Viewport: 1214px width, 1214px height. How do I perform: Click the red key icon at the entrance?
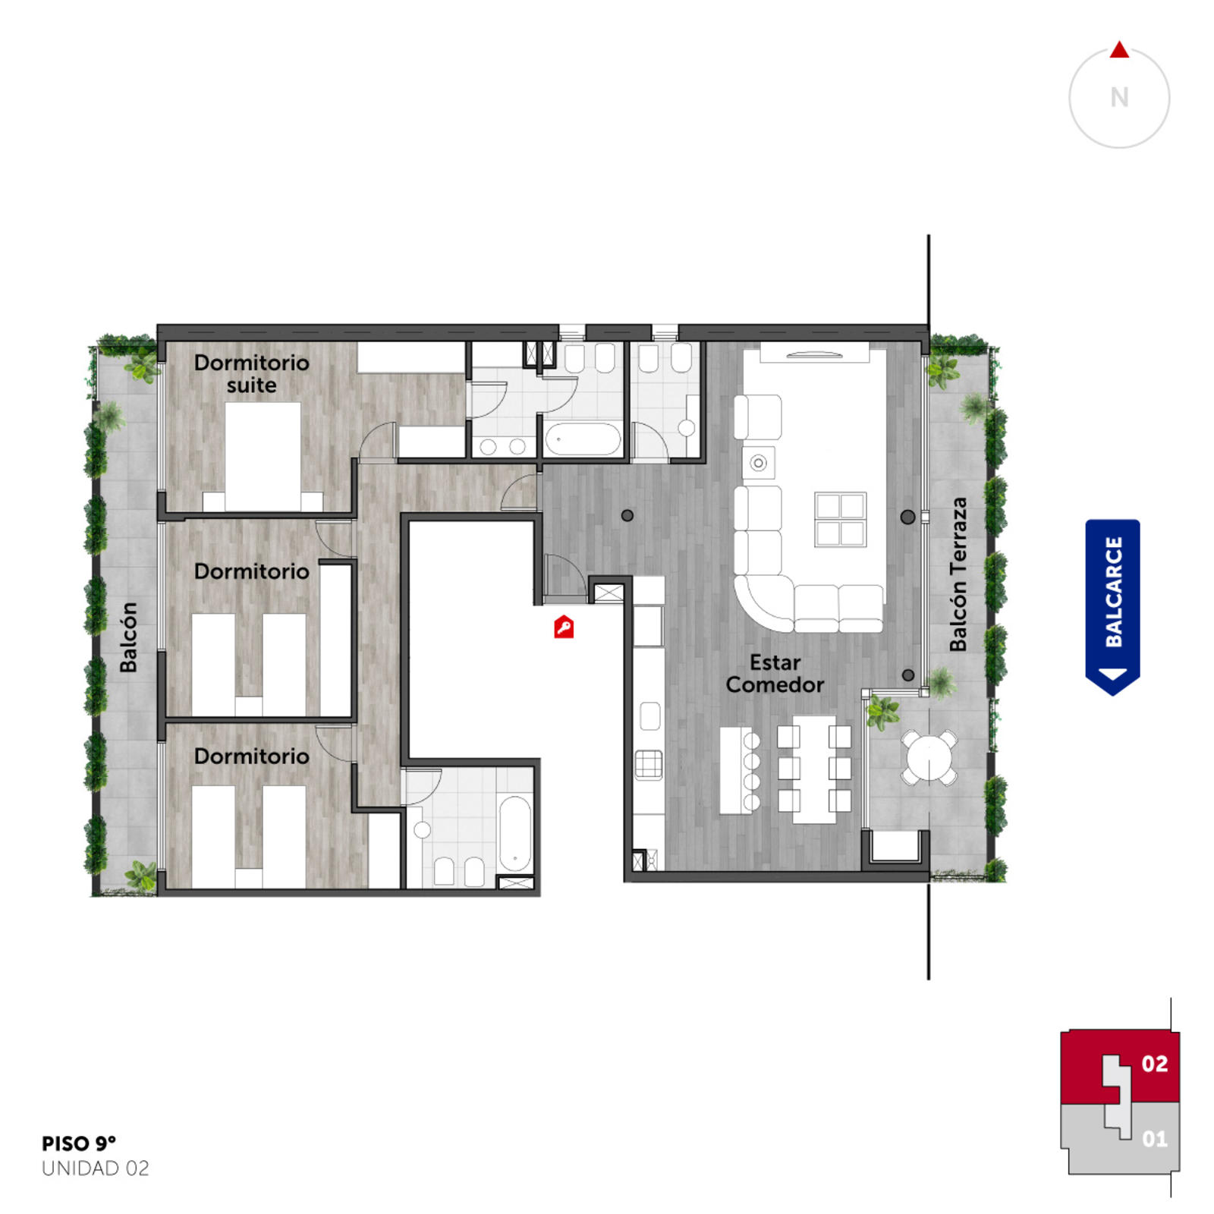click(563, 627)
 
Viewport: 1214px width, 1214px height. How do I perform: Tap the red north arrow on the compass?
click(1119, 50)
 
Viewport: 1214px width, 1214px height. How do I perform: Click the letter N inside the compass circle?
click(1119, 98)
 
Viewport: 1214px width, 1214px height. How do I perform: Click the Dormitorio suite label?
click(251, 373)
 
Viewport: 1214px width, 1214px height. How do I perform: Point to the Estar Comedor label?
click(775, 673)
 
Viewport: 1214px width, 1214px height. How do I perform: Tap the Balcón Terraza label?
click(958, 574)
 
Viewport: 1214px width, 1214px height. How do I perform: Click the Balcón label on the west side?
click(129, 637)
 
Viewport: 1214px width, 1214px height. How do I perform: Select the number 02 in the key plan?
click(1154, 1064)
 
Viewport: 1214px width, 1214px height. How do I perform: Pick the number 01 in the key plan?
click(1154, 1138)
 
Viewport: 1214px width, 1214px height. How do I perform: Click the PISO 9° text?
click(79, 1143)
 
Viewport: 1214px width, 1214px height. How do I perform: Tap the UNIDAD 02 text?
click(96, 1168)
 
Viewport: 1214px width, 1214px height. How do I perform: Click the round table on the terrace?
click(929, 756)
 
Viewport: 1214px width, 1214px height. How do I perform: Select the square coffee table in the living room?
click(840, 520)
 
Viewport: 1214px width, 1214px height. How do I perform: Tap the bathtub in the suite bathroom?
click(583, 439)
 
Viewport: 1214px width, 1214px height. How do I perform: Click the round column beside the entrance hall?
click(627, 515)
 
